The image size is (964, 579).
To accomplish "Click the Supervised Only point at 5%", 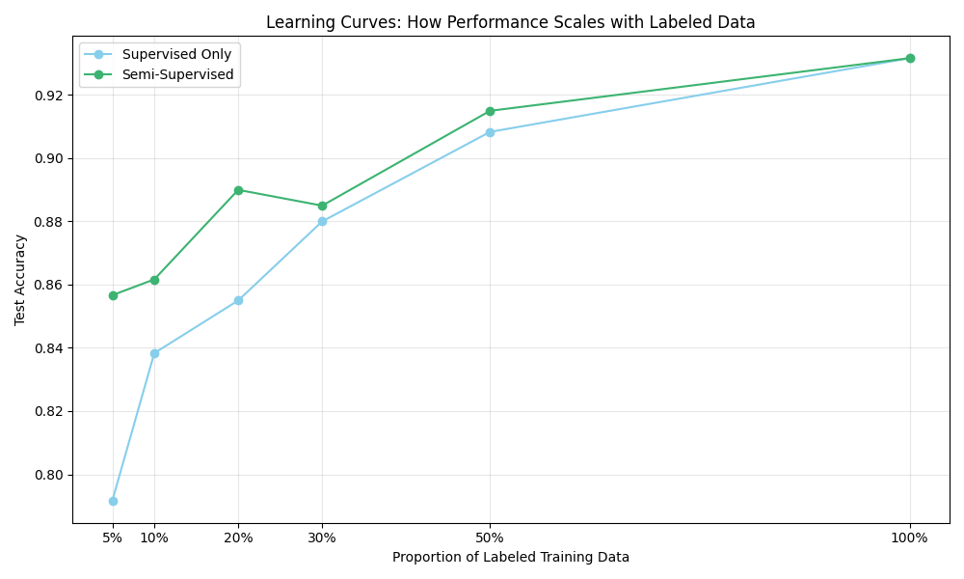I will click(113, 501).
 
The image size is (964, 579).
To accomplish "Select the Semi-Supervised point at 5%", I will click(113, 295).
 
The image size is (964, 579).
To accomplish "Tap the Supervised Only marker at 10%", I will click(154, 353).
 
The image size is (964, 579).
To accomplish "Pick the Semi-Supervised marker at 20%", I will click(238, 190).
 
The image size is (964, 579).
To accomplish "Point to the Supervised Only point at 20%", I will click(238, 300).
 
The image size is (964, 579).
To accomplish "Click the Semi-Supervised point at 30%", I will click(322, 206).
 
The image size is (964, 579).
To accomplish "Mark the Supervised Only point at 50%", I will click(490, 132).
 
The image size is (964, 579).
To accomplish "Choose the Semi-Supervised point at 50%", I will click(490, 111).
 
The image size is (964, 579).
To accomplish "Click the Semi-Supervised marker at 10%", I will click(154, 280).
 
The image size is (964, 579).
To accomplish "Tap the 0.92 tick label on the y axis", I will click(45, 96).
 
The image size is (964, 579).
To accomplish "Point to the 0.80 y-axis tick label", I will click(45, 475).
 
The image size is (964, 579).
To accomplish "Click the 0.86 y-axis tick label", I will click(45, 285).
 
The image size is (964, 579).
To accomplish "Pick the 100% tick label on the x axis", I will click(910, 538).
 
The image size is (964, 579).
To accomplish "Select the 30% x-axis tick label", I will click(322, 538).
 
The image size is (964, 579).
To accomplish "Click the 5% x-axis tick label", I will click(113, 538).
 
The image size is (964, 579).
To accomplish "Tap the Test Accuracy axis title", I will click(20, 280).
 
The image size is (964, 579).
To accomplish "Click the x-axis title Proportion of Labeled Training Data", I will click(511, 557).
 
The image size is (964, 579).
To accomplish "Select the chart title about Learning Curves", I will click(511, 22).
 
